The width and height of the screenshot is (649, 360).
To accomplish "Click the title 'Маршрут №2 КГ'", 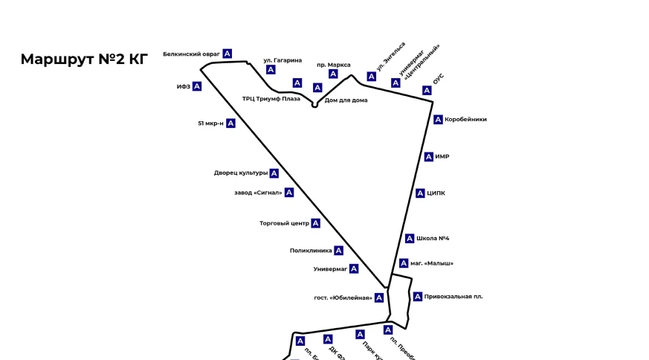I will [84, 60].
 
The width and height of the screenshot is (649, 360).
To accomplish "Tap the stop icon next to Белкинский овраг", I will [227, 54].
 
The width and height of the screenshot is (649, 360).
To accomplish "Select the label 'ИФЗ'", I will [184, 87].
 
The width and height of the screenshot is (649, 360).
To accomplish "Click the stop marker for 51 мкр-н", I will [230, 123].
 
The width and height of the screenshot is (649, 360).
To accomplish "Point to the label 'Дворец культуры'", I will [240, 173].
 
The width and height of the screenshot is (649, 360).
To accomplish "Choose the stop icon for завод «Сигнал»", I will [289, 193].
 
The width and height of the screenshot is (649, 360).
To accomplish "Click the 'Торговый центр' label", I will [284, 223].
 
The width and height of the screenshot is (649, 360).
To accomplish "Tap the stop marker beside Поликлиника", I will [338, 251].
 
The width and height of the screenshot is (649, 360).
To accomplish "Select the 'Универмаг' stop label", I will [330, 269].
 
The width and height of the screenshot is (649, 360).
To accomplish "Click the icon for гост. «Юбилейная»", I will [379, 298].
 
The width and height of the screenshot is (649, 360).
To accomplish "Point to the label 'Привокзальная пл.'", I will [453, 297].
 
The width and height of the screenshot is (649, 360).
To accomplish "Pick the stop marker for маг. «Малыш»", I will [404, 263].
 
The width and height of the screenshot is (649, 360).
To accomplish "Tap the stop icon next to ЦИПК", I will [420, 193].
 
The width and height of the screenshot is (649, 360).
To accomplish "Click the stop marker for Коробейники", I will [439, 119].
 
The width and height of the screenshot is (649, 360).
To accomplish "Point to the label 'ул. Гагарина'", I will [282, 60].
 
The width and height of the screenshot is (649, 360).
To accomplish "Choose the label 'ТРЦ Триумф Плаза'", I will [271, 98].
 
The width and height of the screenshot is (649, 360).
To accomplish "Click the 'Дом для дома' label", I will [346, 100].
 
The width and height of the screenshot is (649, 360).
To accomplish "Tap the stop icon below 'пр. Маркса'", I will [333, 74].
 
